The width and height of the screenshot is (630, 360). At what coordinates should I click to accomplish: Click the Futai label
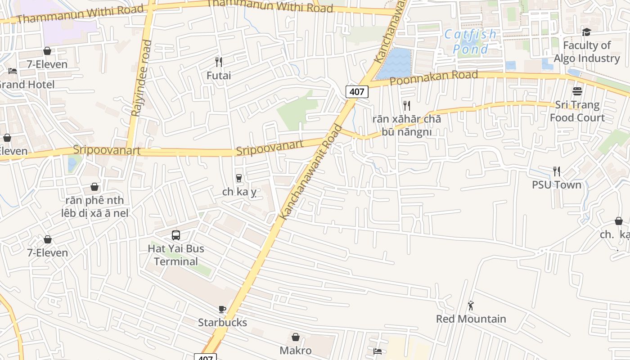[219, 76]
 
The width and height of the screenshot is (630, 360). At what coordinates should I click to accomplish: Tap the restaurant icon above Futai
[219, 62]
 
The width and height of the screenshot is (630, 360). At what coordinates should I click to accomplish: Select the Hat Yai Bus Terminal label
[176, 255]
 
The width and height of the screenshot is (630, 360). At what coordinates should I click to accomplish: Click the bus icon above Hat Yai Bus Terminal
[176, 235]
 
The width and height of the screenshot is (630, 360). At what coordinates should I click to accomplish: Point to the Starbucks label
[222, 323]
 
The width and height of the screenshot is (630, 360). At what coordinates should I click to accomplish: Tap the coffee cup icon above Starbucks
[222, 309]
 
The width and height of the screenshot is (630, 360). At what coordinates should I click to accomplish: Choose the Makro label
[296, 350]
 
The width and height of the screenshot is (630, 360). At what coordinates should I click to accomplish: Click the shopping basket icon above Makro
[296, 337]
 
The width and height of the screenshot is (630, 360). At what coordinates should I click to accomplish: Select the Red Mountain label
[471, 319]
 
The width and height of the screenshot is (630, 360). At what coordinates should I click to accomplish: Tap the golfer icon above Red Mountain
[471, 306]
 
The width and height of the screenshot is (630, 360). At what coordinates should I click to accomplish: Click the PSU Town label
[557, 185]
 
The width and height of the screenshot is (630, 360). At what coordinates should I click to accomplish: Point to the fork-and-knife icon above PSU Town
[557, 171]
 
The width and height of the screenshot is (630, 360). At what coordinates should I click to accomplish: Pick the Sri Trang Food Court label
[577, 111]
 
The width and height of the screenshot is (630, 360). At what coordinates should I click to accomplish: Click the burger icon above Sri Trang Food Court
[577, 91]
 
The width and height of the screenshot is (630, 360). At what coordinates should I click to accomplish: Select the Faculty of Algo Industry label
[587, 52]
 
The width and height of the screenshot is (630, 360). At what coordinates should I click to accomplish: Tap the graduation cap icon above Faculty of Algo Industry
[586, 32]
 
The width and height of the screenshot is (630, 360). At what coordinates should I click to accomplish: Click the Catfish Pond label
[471, 41]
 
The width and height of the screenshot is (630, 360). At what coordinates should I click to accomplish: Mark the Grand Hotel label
[27, 85]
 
